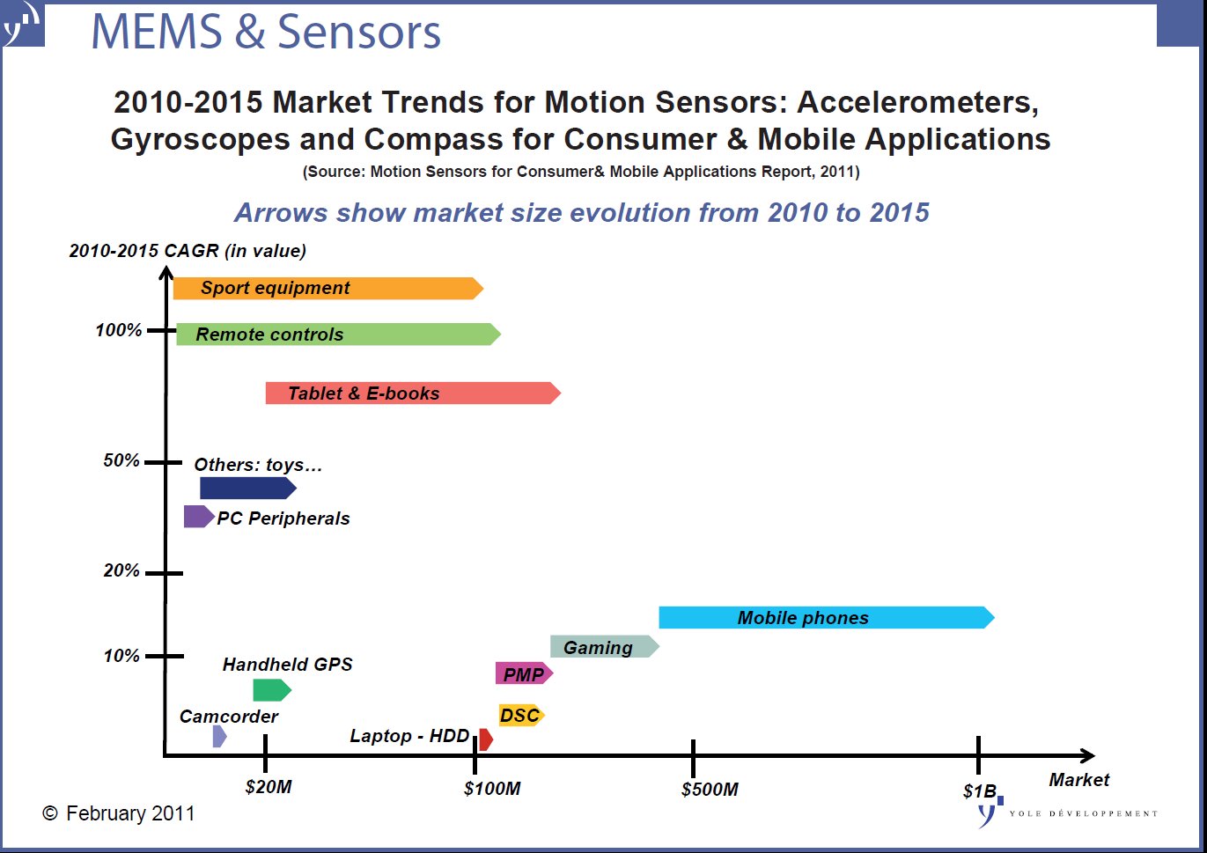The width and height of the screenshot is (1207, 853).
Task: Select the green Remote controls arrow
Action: click(x=338, y=335)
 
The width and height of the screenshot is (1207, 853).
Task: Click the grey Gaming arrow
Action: click(x=604, y=647)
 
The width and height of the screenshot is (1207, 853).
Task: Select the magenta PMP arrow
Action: click(x=524, y=674)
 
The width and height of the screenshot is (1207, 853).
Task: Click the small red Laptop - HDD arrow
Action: click(x=485, y=739)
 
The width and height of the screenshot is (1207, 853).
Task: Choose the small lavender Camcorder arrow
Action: click(x=219, y=736)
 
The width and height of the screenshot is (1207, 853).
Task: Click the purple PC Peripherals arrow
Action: click(x=198, y=517)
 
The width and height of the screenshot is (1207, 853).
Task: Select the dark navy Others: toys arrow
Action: click(x=247, y=489)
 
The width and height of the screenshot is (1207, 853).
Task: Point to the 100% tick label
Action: click(x=119, y=330)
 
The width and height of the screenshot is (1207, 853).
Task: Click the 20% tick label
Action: click(x=121, y=570)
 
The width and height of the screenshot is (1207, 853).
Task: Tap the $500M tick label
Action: click(x=710, y=790)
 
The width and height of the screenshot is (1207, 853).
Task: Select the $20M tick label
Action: click(x=269, y=787)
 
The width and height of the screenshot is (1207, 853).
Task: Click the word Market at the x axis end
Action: click(x=1078, y=780)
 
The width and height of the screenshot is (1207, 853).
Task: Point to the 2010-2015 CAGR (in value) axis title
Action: click(x=188, y=251)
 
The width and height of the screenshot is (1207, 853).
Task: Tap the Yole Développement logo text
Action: click(x=1083, y=813)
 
